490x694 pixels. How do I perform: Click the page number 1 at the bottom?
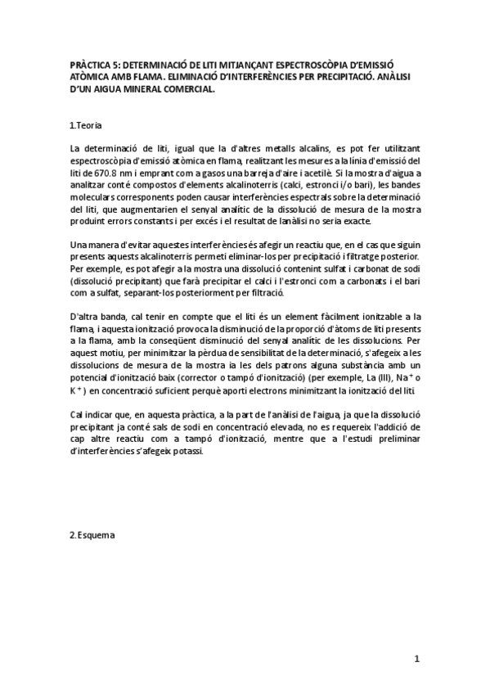[x=416, y=659]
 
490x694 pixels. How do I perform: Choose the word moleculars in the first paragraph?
[x=97, y=199]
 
